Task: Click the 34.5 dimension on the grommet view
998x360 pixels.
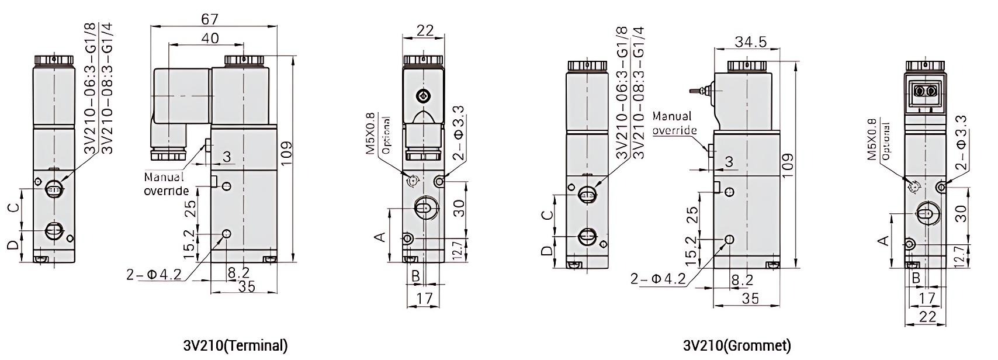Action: click(750, 41)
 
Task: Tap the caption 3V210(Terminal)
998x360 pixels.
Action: click(235, 345)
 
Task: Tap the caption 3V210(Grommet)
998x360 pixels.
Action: click(737, 345)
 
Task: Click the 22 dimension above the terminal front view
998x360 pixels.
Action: click(425, 29)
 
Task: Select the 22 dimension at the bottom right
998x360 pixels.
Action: click(927, 316)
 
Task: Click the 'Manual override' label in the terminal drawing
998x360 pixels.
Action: click(166, 184)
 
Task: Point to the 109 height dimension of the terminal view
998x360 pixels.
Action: click(286, 153)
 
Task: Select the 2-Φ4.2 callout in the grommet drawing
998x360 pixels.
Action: click(657, 279)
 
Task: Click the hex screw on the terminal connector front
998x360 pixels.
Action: click(423, 96)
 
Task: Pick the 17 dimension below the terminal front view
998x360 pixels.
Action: click(425, 298)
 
